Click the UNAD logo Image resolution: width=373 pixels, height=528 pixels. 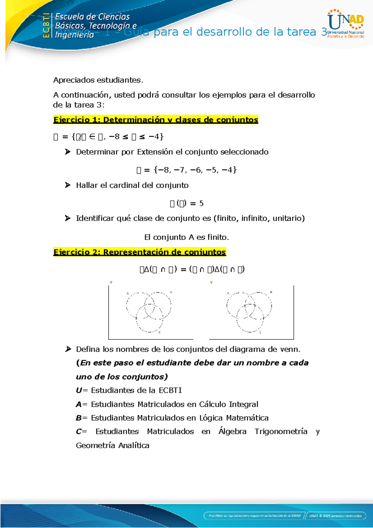coord(346,24)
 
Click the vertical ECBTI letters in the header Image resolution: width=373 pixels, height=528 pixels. coord(46,25)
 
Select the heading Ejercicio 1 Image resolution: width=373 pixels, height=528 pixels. coord(155,120)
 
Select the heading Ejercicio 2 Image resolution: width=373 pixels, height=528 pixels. coord(139,252)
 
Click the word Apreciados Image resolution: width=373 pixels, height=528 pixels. coord(74,80)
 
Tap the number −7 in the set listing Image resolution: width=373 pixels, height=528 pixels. coord(180,170)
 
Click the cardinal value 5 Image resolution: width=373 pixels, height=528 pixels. coord(201,203)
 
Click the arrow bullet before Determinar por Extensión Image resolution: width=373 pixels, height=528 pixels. coord(67,152)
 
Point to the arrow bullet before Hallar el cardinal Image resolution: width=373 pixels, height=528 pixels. coord(67,185)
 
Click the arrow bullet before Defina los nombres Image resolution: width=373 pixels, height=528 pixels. coord(67,349)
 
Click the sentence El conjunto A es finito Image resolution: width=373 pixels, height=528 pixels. coord(186,237)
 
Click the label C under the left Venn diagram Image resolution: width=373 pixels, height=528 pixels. coord(160,332)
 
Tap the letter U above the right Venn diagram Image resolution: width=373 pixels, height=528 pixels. coord(211,282)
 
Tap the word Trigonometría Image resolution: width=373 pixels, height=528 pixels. coord(281,432)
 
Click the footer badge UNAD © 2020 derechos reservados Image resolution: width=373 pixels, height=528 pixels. coord(335,516)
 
